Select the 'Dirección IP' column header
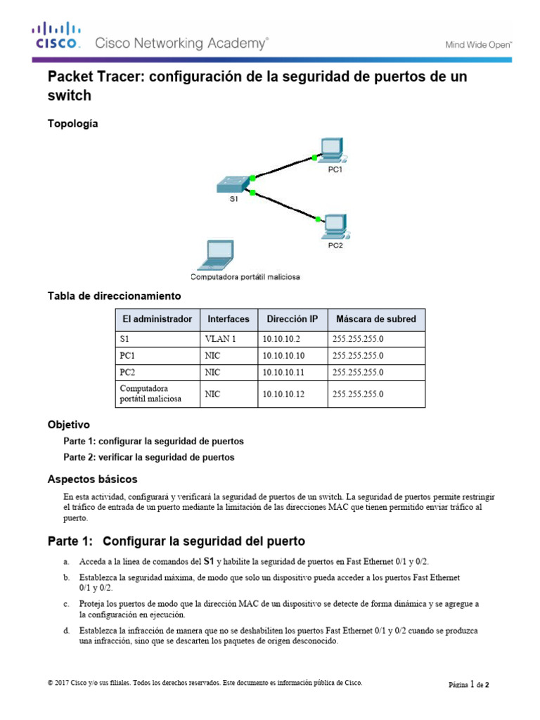pyautogui.click(x=292, y=319)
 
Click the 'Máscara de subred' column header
pyautogui.click(x=375, y=319)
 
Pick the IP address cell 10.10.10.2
pyautogui.click(x=281, y=339)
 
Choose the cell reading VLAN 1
pyautogui.click(x=220, y=339)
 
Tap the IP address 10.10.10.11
pyautogui.click(x=283, y=372)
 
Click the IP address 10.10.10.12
pyautogui.click(x=283, y=394)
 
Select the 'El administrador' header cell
pyautogui.click(x=157, y=319)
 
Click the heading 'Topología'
pyautogui.click(x=72, y=124)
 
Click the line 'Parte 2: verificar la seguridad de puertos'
pyautogui.click(x=148, y=457)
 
